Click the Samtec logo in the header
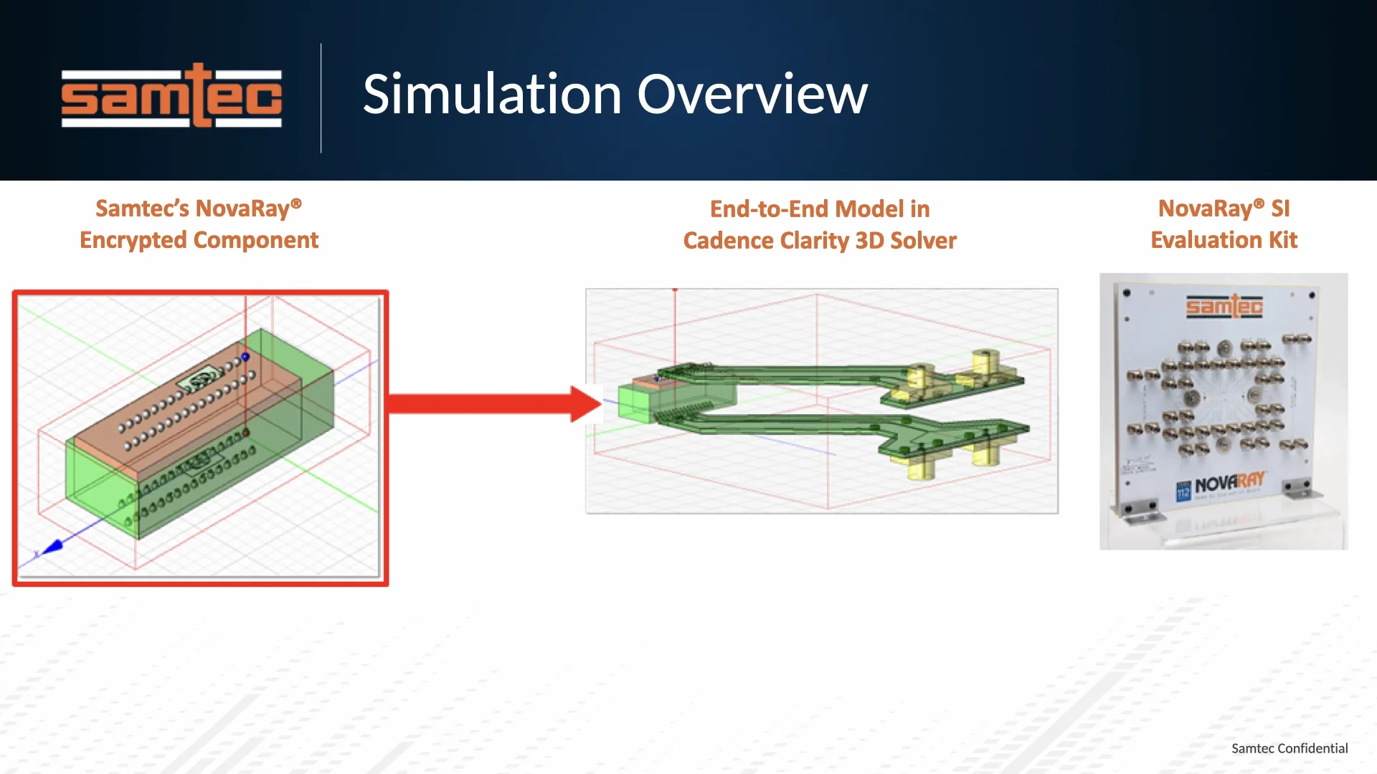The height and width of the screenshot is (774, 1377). coord(171,96)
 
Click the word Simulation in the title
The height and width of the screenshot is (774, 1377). coord(492,95)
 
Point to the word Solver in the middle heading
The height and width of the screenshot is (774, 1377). coord(923,241)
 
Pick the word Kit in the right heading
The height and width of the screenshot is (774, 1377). coord(1282,240)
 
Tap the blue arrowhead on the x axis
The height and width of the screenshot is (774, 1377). coord(53,548)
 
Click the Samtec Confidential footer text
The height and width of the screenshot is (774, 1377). coord(1289,748)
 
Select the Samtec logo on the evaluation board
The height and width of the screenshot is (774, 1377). coord(1224,307)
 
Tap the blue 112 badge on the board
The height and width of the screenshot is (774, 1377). coord(1183,491)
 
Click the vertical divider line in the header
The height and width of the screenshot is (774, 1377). coord(321,98)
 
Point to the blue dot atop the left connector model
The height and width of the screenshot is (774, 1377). coord(245,356)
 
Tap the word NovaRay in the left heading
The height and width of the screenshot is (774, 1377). coord(242,209)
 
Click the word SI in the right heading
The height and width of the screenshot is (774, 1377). coord(1280,209)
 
